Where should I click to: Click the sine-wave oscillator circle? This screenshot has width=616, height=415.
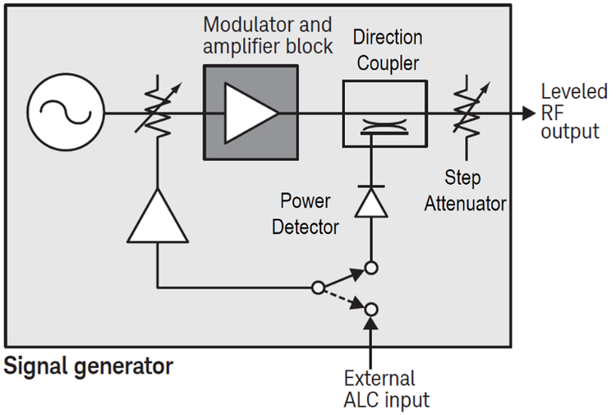point(66,113)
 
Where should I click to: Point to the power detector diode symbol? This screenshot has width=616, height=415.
point(371,201)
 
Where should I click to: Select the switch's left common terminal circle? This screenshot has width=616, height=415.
point(317,288)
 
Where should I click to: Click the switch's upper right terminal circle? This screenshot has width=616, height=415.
point(371,267)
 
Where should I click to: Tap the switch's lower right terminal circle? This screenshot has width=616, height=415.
point(371,309)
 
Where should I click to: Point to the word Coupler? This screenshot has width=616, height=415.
point(388,62)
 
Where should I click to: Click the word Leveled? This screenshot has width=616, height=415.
point(574,91)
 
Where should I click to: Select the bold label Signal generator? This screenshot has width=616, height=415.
point(89,366)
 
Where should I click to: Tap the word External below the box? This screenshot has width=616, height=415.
point(379,379)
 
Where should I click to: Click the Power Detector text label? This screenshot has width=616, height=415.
point(305,214)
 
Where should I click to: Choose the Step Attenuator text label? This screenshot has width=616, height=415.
point(465,191)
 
